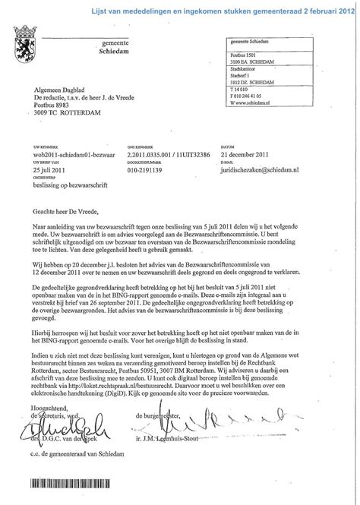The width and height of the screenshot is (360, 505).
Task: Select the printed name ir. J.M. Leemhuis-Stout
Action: click(x=227, y=453)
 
